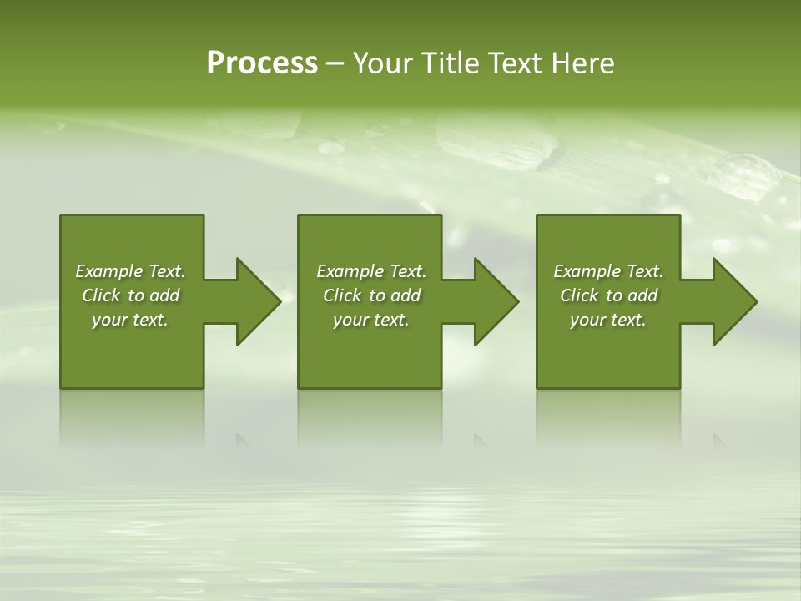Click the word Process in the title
click(262, 63)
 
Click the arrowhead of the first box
click(257, 301)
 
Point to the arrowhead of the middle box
click(496, 301)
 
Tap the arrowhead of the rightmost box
click(734, 301)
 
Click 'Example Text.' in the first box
click(131, 271)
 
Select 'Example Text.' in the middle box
click(371, 271)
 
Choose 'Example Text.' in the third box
click(608, 271)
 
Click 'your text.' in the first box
click(131, 320)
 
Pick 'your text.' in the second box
click(371, 320)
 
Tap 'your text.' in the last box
click(608, 320)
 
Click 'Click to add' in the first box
click(131, 295)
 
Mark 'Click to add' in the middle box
click(371, 295)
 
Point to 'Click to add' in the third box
click(608, 295)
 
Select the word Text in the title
click(517, 63)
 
